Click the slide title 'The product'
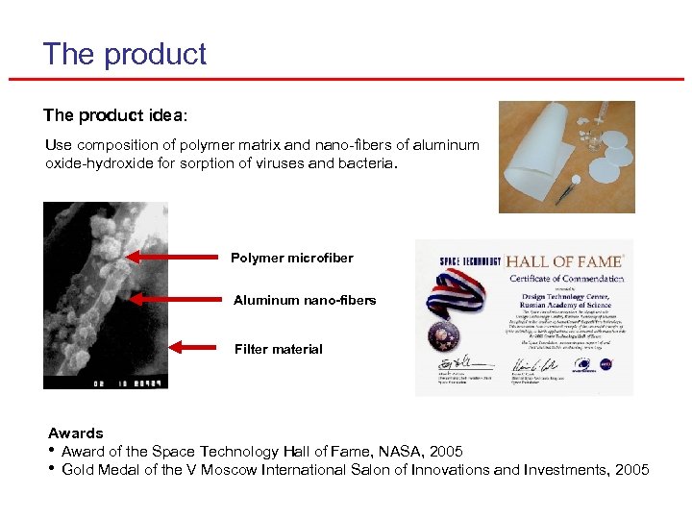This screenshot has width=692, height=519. click(x=124, y=54)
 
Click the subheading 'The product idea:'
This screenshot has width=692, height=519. click(x=115, y=115)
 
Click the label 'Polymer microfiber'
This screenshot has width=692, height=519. click(x=291, y=258)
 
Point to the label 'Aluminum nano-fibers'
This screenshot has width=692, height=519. click(x=305, y=300)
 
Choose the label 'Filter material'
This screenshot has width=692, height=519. click(x=278, y=349)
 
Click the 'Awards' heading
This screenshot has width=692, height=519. click(x=75, y=433)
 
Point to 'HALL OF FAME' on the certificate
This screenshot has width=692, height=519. click(x=564, y=261)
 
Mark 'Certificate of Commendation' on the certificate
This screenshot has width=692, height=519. click(x=565, y=279)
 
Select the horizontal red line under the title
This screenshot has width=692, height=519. click(x=346, y=79)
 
